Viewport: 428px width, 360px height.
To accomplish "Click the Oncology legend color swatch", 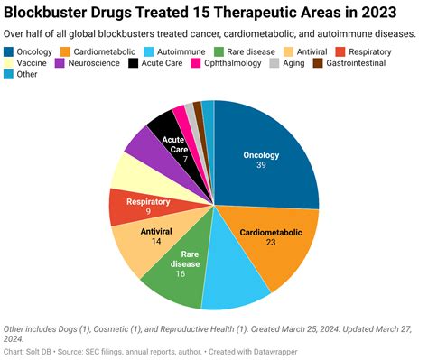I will [x=10, y=51].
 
